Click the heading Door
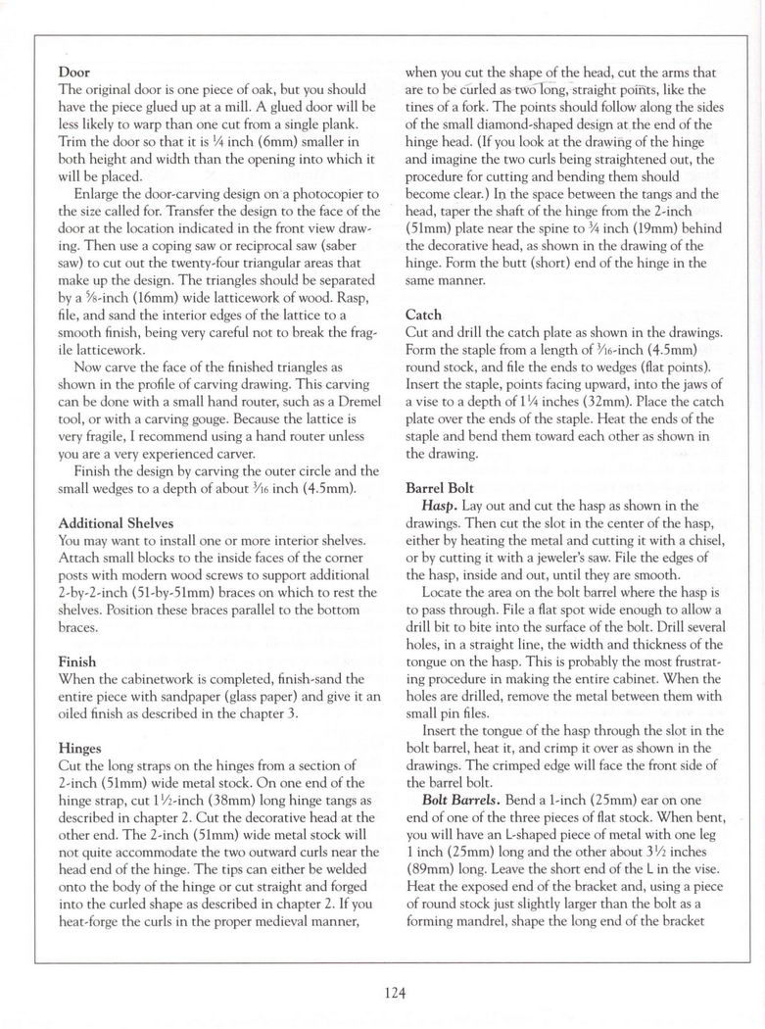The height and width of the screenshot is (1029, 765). coord(74,73)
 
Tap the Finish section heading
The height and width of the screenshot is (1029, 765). coord(77,661)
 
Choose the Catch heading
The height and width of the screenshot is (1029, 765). coord(423,316)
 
